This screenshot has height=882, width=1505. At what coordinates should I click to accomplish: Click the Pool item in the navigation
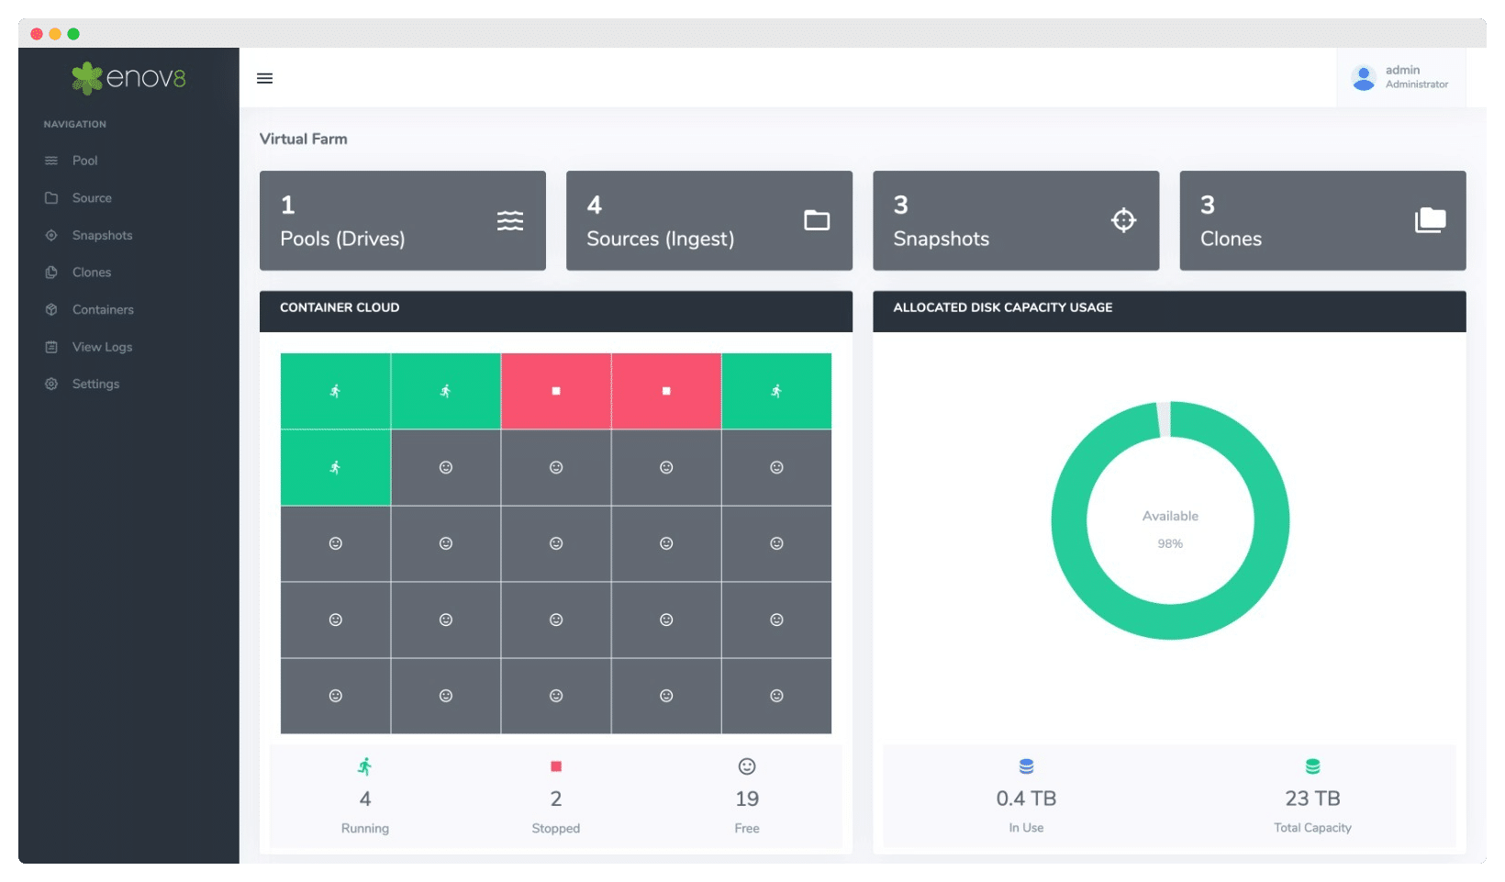[84, 161]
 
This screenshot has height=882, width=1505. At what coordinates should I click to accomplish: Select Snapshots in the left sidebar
[102, 235]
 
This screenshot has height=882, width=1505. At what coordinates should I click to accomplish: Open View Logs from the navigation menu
[102, 347]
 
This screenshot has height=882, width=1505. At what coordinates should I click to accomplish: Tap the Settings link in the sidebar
[95, 384]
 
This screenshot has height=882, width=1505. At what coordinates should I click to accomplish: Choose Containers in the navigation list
[103, 309]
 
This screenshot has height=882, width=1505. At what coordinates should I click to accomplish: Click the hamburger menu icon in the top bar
[265, 78]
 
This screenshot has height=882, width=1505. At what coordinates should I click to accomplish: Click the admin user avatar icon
[1364, 77]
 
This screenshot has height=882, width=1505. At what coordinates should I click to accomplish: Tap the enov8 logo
[129, 78]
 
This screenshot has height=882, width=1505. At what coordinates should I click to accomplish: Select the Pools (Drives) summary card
[402, 220]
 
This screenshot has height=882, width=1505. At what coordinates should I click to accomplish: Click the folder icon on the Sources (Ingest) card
[817, 220]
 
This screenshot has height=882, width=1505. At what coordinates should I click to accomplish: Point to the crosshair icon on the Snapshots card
[1123, 220]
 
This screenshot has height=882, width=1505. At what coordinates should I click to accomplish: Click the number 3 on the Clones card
[1208, 205]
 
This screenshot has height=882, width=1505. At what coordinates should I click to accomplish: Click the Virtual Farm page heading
[303, 139]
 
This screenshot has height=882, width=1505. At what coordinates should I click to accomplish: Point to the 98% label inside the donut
[1170, 543]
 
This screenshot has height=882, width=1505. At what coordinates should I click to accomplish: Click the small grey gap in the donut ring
[1164, 419]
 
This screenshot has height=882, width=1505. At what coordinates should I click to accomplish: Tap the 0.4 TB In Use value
[1026, 798]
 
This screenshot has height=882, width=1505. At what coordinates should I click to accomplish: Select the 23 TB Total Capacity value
[1312, 798]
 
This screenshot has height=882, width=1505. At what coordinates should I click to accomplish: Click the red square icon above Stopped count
[556, 766]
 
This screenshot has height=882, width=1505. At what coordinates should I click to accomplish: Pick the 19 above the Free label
[747, 798]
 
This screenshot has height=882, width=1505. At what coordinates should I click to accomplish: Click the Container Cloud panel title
[340, 307]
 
